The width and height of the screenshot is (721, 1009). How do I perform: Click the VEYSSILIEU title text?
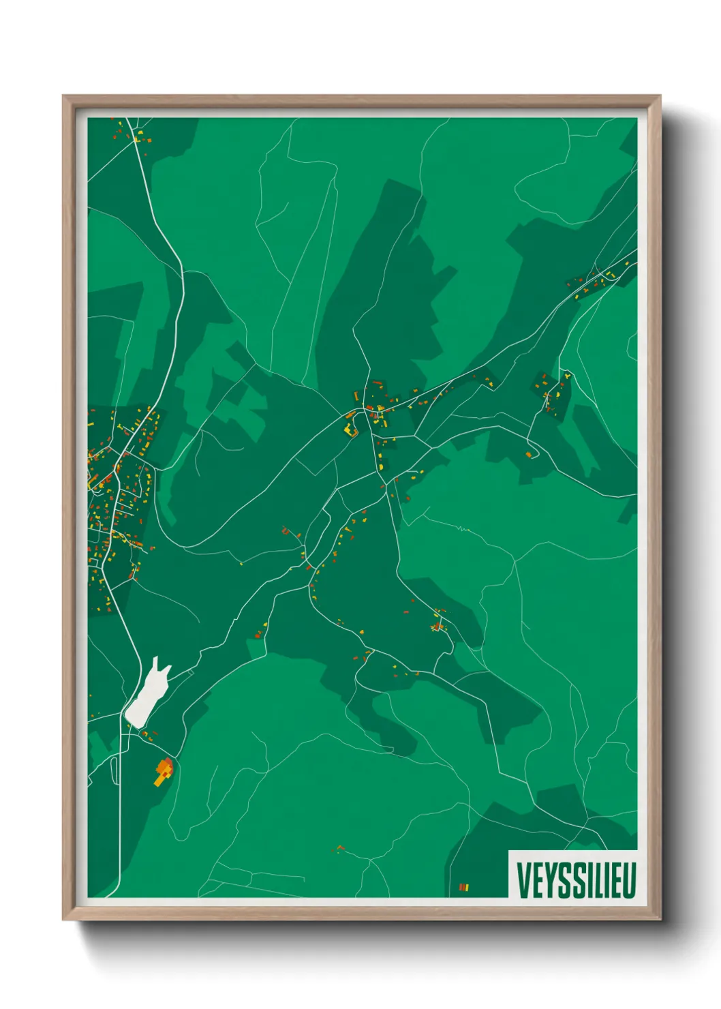[x=576, y=880]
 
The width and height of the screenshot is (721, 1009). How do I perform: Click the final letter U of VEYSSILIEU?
[x=629, y=880]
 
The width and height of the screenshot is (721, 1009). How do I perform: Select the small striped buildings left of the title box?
[x=464, y=887]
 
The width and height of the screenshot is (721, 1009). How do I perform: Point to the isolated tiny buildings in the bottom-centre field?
[x=339, y=849]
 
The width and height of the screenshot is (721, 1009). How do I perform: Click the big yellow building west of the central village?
[x=351, y=430]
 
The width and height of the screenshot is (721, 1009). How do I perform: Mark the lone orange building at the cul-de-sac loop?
[x=529, y=453]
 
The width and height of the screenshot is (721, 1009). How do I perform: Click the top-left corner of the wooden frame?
[x=64, y=97]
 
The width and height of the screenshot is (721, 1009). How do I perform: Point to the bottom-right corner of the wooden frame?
[x=660, y=919]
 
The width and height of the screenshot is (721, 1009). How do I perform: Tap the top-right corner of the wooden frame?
[x=660, y=97]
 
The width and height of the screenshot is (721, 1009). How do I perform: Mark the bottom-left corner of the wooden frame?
[x=64, y=919]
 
